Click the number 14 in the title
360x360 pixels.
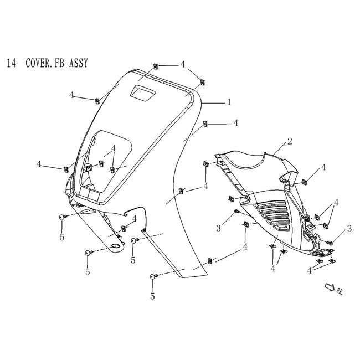pyautogui.click(x=11, y=63)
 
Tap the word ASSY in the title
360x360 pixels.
pyautogui.click(x=78, y=63)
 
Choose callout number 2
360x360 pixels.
pyautogui.click(x=289, y=142)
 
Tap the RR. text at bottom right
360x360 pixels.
pyautogui.click(x=339, y=292)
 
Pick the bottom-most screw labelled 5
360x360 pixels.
pyautogui.click(x=153, y=276)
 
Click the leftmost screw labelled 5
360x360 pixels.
pyautogui.click(x=62, y=218)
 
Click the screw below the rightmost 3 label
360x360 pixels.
pyautogui.click(x=330, y=243)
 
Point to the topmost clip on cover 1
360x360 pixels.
pyautogui.click(x=156, y=66)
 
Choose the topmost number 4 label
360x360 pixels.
pyautogui.click(x=182, y=64)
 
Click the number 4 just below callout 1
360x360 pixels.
pyautogui.click(x=235, y=123)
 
